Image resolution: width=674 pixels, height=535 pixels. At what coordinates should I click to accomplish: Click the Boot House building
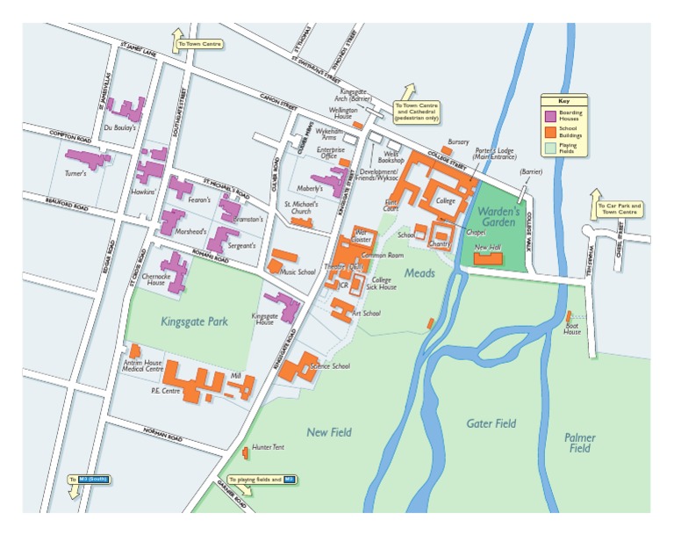point(570,316)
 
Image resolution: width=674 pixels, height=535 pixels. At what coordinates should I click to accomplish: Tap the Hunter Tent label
point(268,447)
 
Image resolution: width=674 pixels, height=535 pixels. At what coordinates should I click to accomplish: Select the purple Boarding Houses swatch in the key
point(549,115)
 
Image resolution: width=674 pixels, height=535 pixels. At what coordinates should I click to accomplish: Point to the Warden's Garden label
point(501,217)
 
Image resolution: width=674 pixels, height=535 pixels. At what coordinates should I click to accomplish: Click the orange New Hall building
point(488,258)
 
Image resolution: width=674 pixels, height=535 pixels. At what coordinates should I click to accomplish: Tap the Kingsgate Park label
point(194,322)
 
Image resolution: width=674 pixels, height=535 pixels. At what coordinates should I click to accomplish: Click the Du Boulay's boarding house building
point(128,110)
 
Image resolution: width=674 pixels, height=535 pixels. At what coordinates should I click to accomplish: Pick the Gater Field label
point(491,423)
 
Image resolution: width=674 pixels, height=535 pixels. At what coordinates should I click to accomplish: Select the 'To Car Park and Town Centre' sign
point(620,209)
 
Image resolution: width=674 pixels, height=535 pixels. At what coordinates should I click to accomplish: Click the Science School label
point(330,365)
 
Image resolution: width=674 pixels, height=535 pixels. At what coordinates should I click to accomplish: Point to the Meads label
point(419,274)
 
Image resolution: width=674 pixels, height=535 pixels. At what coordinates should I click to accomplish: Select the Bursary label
point(459,141)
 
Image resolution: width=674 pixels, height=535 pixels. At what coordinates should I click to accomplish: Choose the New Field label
point(329,432)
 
